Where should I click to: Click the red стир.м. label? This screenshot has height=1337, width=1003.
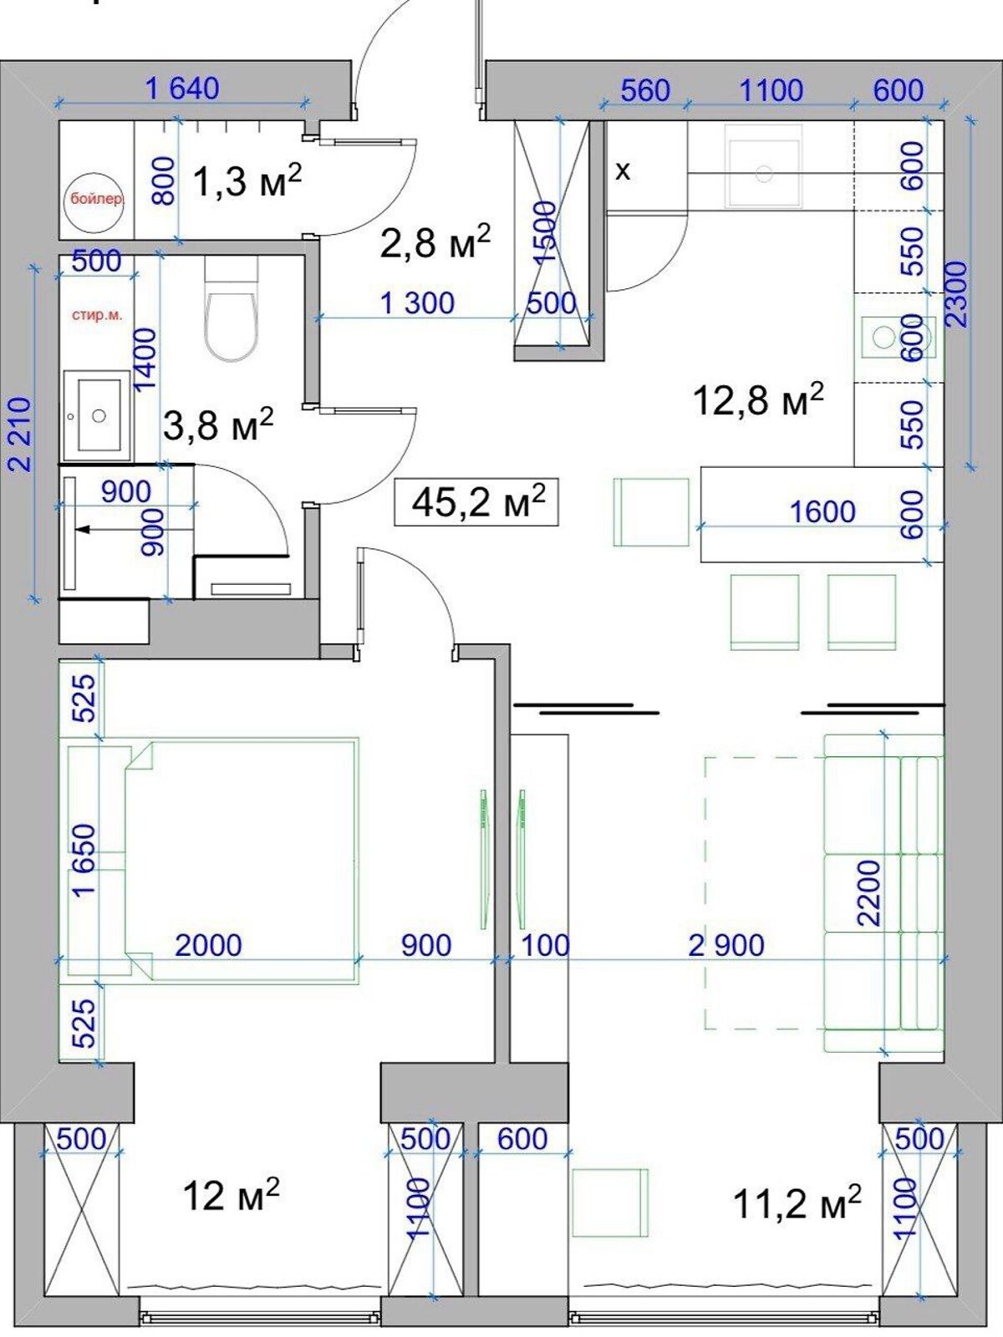97,316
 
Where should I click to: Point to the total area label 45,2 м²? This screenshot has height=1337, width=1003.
477,502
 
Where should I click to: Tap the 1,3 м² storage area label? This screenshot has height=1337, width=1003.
247,180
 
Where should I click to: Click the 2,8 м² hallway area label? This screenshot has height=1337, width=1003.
435,241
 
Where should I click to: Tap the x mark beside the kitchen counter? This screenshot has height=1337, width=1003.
623,172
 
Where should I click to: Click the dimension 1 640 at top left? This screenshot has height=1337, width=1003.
183,89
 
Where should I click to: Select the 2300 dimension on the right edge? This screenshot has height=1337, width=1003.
957,295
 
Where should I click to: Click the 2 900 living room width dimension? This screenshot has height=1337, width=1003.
726,946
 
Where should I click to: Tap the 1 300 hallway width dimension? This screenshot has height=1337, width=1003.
418,302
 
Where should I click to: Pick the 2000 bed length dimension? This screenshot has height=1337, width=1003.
208,945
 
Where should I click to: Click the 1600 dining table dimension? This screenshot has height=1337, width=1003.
822,511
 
